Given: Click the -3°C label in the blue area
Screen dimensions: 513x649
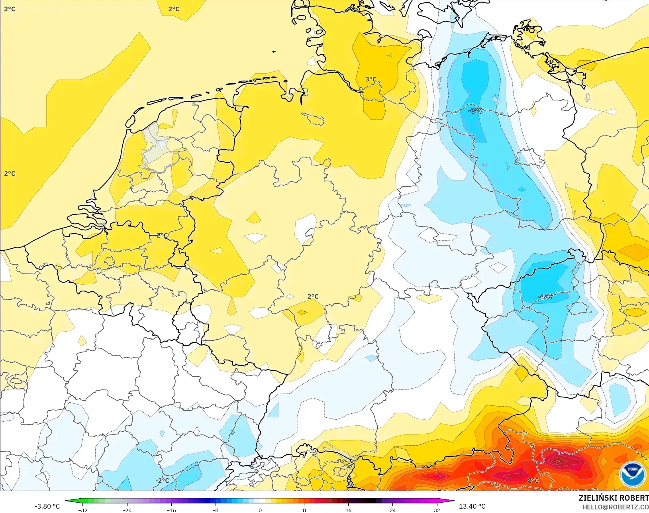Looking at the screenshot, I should [475, 111].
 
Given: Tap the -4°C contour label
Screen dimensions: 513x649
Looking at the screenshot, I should [545, 297].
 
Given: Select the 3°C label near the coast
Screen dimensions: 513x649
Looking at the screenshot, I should [371, 79].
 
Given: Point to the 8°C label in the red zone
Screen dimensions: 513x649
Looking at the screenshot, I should [533, 481].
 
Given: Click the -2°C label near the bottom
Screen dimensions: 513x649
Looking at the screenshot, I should [162, 481].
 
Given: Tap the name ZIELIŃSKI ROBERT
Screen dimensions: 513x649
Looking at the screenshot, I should [614, 498].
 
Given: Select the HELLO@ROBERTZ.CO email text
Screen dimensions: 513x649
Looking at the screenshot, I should [616, 507].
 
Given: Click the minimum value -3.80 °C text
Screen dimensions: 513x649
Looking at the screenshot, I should [47, 506].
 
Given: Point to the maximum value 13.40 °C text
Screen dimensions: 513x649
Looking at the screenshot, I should [472, 506].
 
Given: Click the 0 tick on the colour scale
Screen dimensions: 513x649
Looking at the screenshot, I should [260, 510].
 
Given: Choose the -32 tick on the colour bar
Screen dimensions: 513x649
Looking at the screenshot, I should [83, 510].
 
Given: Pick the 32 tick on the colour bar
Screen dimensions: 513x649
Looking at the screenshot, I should [437, 510].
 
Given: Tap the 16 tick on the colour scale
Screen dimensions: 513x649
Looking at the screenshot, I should [349, 510].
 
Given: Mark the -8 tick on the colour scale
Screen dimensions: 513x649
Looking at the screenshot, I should [216, 510].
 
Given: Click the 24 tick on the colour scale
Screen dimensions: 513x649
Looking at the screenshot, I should [393, 510].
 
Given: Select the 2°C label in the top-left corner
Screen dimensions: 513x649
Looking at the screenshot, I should [10, 9].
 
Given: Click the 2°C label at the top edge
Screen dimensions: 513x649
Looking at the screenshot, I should [174, 9].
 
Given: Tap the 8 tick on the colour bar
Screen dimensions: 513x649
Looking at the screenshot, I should [304, 510].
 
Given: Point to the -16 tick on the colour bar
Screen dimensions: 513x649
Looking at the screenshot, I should [171, 510].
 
